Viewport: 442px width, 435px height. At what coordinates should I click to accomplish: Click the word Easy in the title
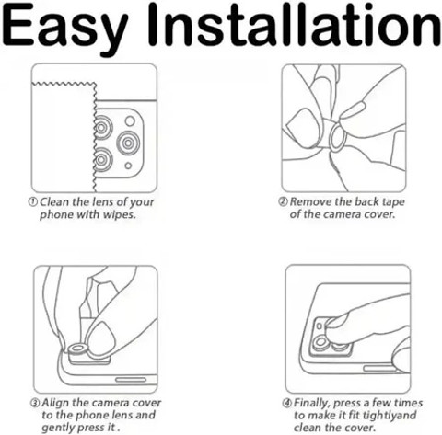click(65, 29)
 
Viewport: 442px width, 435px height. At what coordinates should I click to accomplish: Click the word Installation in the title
click(294, 26)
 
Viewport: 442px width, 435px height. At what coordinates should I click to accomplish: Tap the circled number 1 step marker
click(33, 201)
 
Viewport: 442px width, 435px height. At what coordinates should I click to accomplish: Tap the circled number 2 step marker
click(283, 201)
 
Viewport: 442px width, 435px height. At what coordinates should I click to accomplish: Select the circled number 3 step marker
click(35, 403)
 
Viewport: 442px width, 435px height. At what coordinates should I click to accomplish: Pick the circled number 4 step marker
click(286, 403)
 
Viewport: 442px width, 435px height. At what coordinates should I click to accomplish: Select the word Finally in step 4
click(312, 404)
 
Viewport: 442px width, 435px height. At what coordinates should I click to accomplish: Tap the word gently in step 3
click(56, 429)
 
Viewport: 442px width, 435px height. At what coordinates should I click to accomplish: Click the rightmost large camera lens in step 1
click(128, 143)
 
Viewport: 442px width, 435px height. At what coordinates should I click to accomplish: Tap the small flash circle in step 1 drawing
click(130, 120)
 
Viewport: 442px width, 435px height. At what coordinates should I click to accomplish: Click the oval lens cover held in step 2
click(338, 138)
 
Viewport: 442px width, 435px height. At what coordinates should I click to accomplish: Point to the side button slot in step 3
click(131, 380)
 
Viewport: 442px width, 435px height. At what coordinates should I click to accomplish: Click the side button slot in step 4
click(380, 368)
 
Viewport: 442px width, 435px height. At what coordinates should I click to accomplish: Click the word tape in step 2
click(393, 202)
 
